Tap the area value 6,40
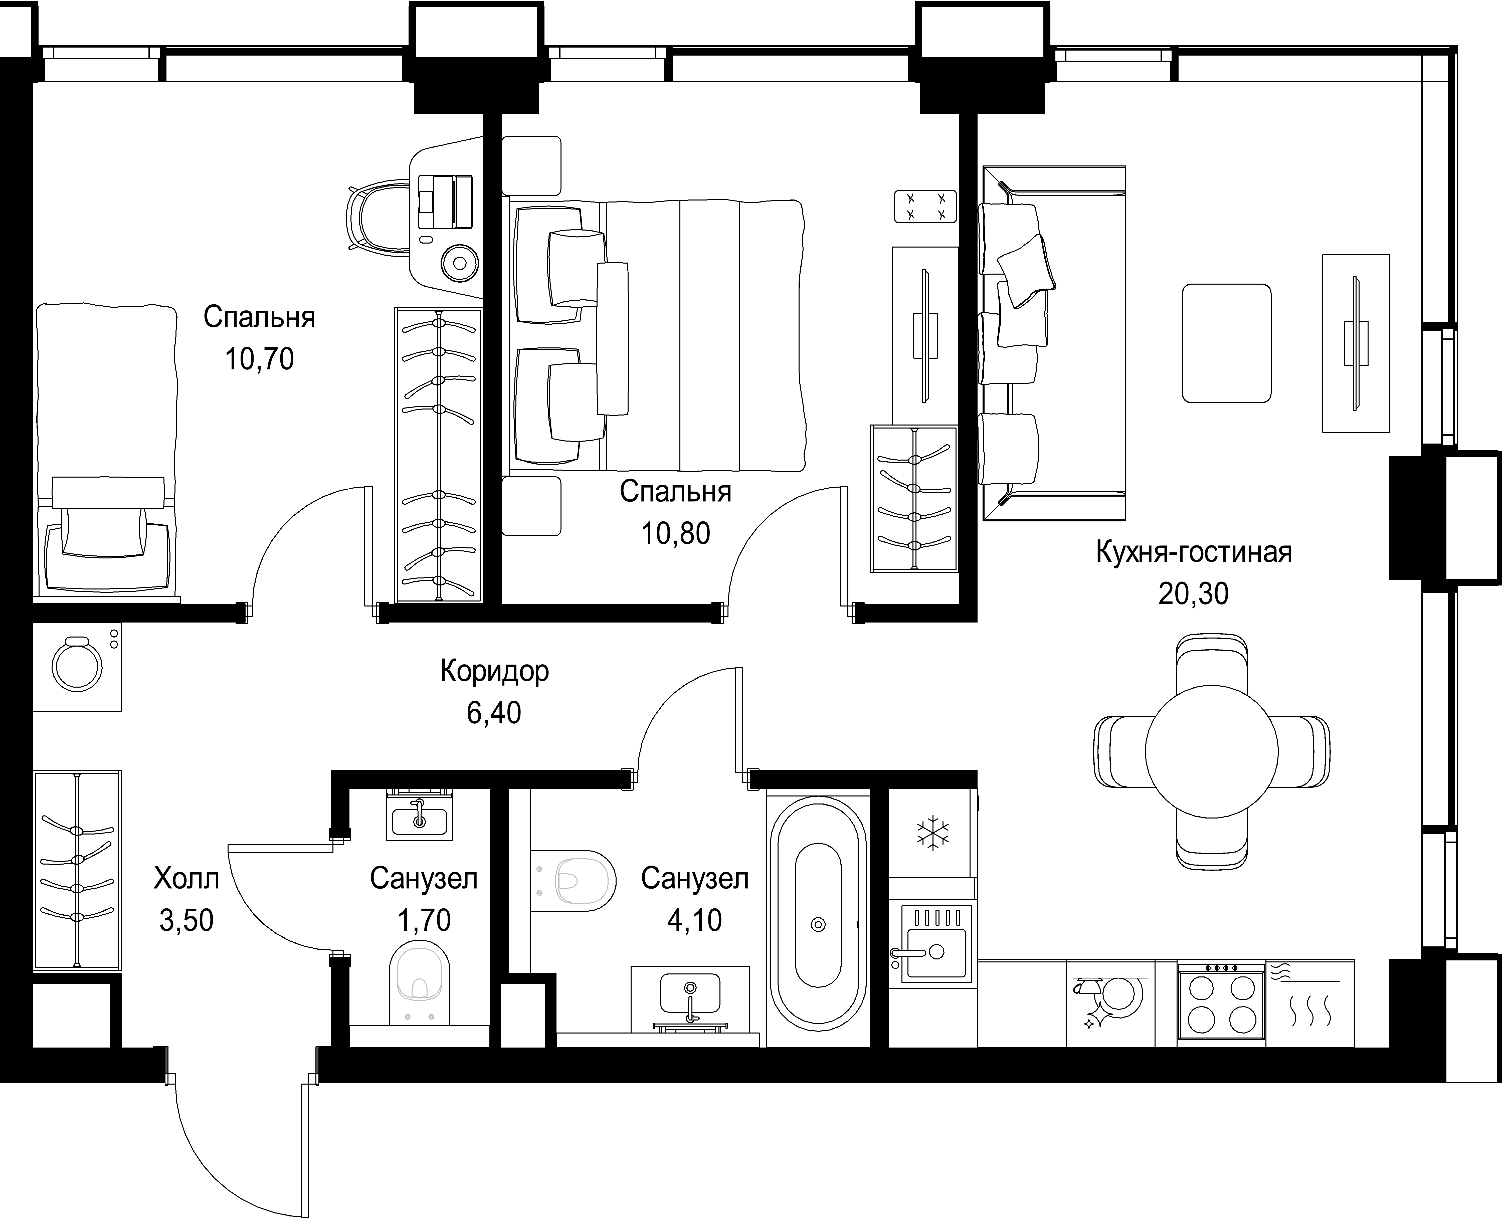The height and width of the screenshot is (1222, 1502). coord(494,712)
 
